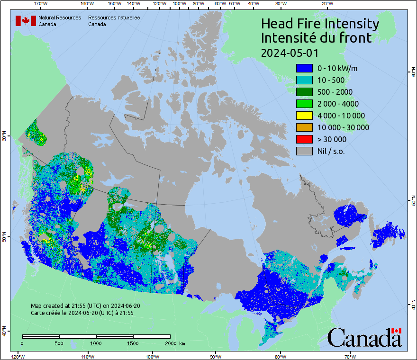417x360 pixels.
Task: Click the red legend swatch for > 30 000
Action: [x=304, y=139]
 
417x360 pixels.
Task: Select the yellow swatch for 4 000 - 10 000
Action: [x=304, y=116]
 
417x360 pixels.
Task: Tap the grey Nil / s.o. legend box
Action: [x=304, y=151]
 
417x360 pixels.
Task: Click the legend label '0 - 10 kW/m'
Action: [x=337, y=68]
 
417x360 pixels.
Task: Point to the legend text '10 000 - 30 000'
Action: [x=343, y=127]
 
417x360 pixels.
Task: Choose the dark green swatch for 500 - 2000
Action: [x=304, y=92]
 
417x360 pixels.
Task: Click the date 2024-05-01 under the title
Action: [x=290, y=52]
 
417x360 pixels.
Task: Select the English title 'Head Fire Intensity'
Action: [x=320, y=24]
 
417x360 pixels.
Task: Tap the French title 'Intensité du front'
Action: [x=317, y=38]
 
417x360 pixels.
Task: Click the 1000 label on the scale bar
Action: [x=96, y=343]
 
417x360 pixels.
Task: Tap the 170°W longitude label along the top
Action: [x=41, y=3]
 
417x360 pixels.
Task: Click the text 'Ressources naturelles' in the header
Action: [x=114, y=18]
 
